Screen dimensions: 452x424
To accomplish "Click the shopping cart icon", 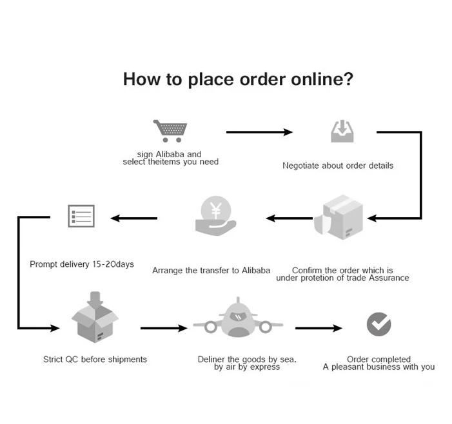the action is [x=170, y=131].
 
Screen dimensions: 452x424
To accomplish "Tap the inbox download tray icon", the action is [x=342, y=131].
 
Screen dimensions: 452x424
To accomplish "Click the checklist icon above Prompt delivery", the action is [x=81, y=216].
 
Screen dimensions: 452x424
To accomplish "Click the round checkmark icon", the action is [x=378, y=324].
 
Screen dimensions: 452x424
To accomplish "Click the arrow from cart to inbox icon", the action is [x=259, y=132].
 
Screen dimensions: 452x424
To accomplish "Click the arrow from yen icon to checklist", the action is [x=133, y=218].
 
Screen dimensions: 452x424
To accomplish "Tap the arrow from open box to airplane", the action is [x=163, y=329].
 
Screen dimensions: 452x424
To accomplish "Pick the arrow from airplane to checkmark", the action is [x=319, y=328].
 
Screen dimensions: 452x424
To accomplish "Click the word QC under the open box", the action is [x=72, y=359].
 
